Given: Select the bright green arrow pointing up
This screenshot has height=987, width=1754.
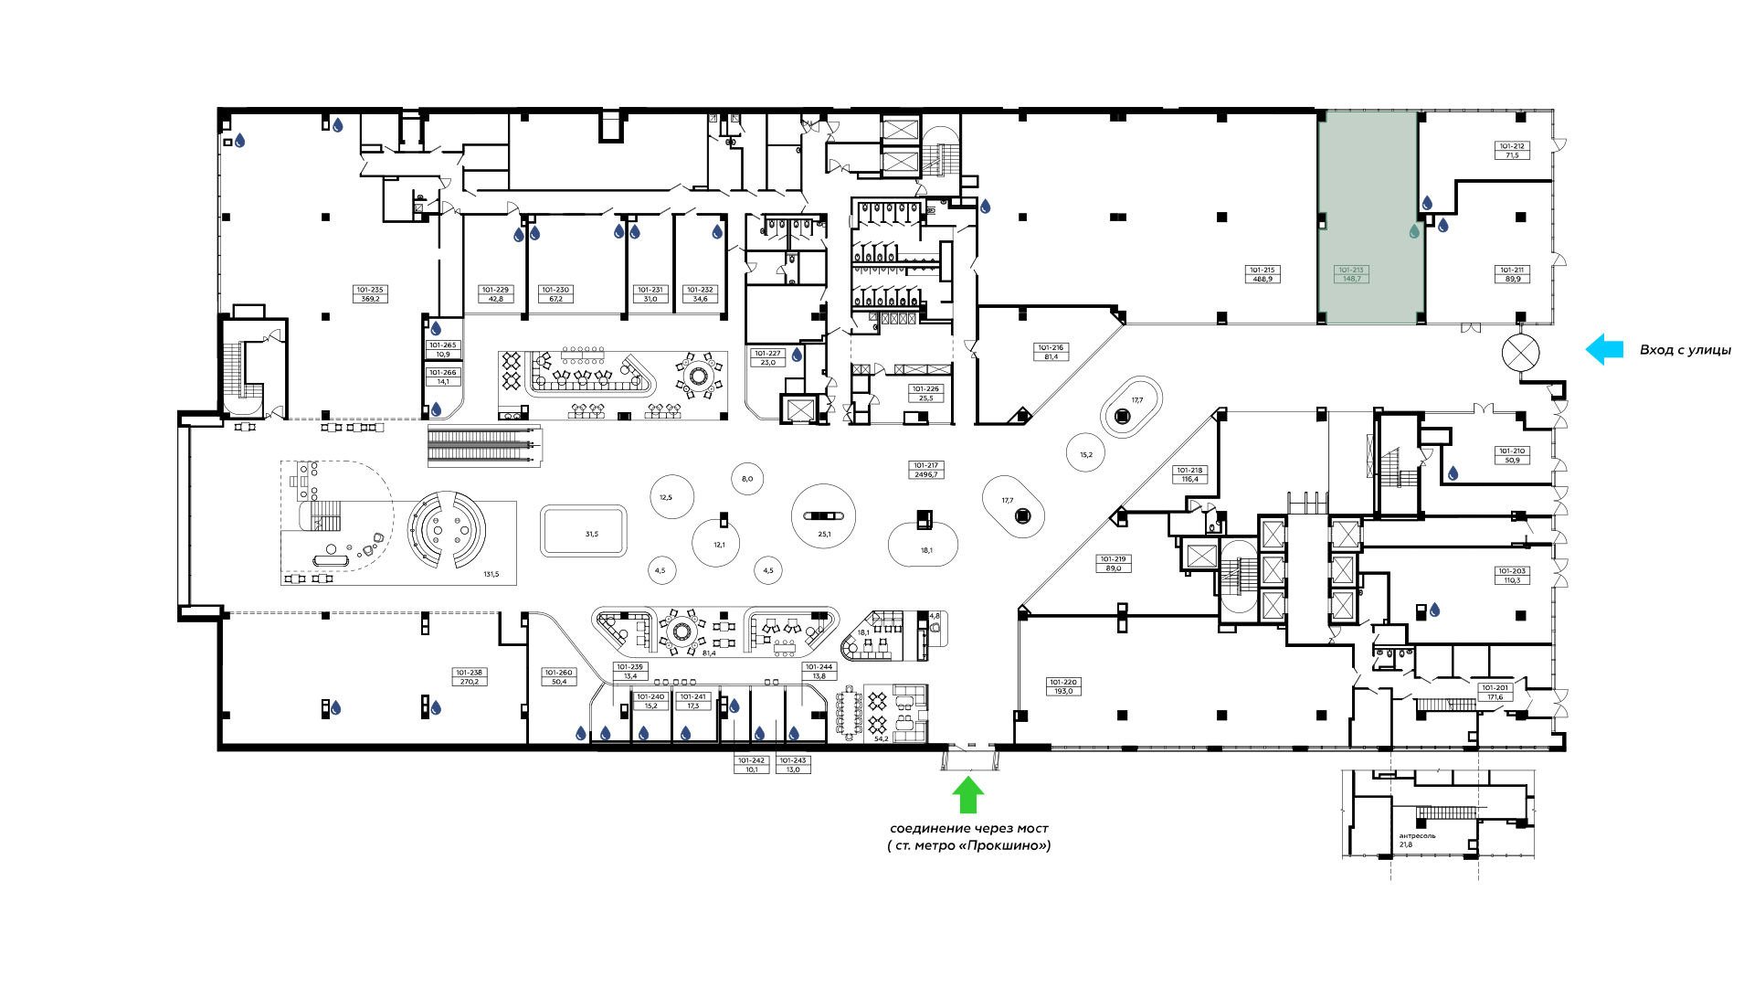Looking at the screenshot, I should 967,795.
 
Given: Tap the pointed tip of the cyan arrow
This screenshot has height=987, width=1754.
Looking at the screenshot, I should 1587,349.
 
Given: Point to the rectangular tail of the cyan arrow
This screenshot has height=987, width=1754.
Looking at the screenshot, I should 1614,349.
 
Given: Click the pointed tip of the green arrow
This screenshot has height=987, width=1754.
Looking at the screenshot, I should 967,777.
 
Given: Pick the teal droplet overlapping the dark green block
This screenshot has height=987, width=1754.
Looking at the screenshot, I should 1414,231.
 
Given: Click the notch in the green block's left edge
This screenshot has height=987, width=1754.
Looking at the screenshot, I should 1322,221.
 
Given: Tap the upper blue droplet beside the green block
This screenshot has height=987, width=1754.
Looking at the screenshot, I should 1427,203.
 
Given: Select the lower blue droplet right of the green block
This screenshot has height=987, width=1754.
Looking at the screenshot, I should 1443,226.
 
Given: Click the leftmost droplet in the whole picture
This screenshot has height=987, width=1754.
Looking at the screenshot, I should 239,141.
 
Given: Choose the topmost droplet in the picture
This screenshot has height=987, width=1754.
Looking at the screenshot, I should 338,125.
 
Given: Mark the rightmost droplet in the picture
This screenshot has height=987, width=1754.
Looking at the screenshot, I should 1453,473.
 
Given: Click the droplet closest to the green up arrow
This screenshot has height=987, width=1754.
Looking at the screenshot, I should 794,734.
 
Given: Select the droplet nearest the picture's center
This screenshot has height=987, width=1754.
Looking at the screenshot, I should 797,355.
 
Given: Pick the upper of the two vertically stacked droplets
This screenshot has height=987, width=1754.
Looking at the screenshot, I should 436,329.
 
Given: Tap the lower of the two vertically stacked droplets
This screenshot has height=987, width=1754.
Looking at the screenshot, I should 436,409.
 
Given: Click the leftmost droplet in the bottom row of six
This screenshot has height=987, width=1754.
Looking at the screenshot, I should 581,734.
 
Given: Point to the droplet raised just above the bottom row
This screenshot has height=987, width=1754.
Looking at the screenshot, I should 734,706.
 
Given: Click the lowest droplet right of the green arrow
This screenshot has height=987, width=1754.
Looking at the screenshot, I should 1434,610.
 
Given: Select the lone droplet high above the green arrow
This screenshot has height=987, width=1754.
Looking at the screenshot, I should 985,207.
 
